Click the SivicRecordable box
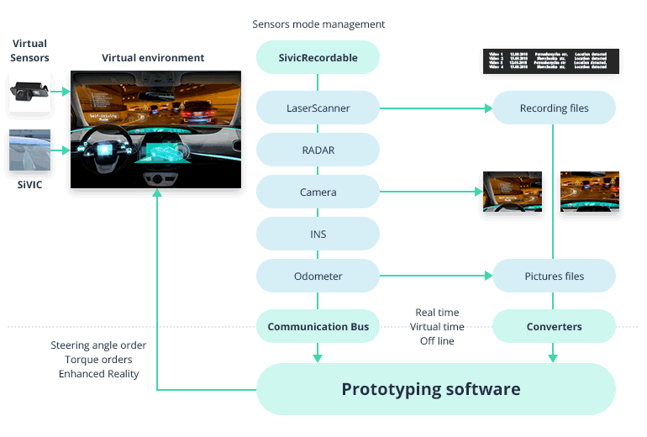click(x=318, y=58)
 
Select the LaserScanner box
click(x=318, y=108)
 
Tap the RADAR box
click(x=318, y=150)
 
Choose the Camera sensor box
click(x=318, y=192)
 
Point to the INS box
click(x=318, y=234)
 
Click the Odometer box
click(x=318, y=276)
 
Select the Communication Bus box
click(x=318, y=326)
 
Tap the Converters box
click(x=554, y=326)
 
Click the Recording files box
click(x=554, y=108)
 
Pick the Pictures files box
click(x=554, y=276)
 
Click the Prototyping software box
click(x=430, y=389)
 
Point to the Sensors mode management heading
click(x=318, y=24)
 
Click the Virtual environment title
click(x=153, y=58)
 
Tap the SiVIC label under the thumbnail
click(x=29, y=184)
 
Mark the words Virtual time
click(x=437, y=327)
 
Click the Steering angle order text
click(x=98, y=345)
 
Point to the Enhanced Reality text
click(x=98, y=374)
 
